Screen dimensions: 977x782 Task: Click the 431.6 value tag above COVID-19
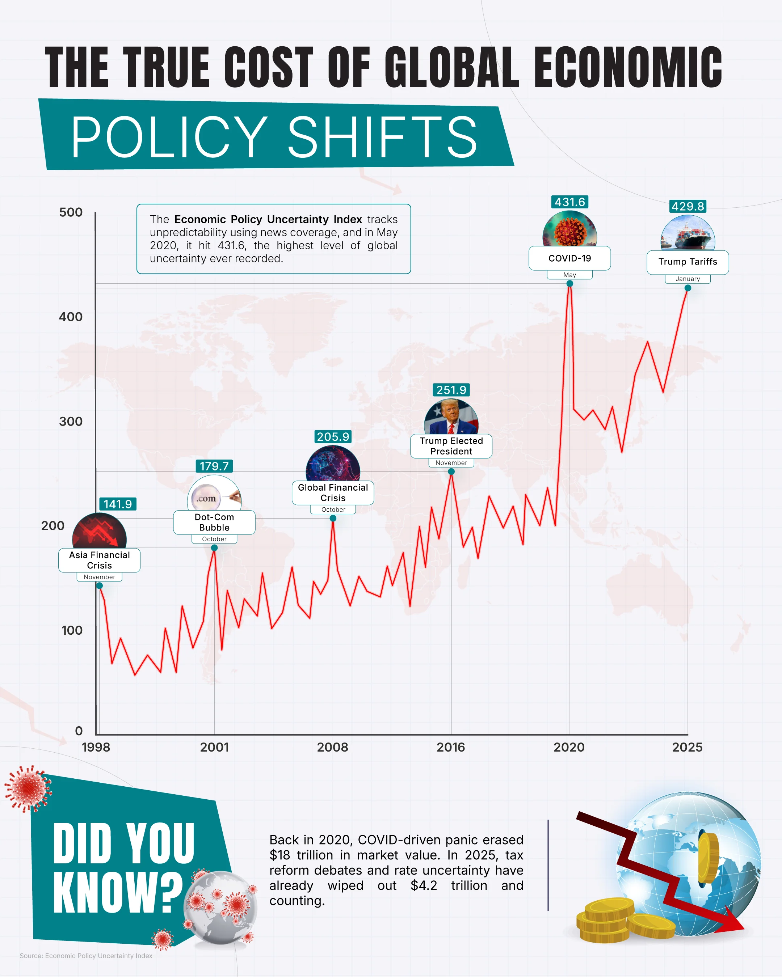(570, 202)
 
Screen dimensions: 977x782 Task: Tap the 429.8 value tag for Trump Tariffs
(688, 207)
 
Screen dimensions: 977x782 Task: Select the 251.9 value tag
(451, 390)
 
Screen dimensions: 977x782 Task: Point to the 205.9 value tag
(333, 437)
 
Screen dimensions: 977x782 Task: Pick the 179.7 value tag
(214, 466)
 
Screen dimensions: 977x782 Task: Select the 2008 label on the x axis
(333, 747)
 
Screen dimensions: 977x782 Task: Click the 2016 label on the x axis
(451, 747)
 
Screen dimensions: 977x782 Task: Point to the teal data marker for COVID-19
(570, 284)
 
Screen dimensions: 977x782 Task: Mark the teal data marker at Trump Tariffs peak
(688, 288)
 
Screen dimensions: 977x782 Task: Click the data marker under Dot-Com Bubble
(214, 548)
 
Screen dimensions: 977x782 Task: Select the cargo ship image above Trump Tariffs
(688, 234)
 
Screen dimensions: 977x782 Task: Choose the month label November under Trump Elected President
(451, 463)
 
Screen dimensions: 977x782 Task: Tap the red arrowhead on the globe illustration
(732, 920)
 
